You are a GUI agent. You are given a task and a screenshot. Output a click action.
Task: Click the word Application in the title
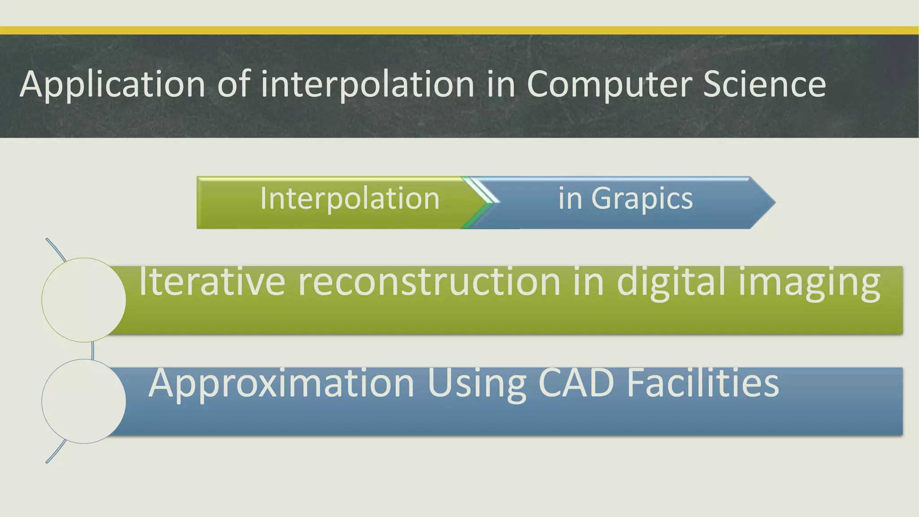[x=112, y=84]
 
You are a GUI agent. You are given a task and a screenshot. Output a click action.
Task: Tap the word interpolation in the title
[x=367, y=84]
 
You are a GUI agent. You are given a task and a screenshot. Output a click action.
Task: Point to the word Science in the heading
[x=764, y=84]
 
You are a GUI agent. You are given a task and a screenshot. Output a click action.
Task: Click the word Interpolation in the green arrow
[x=350, y=198]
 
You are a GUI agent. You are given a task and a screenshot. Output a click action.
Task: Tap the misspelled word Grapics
[x=642, y=198]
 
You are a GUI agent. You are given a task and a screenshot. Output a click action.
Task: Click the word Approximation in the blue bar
[x=281, y=384]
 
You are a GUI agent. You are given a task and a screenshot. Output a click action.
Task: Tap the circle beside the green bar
[x=84, y=300]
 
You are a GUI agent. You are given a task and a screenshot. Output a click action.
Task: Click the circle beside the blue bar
[x=84, y=401]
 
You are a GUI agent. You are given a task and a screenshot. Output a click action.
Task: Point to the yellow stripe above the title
[x=459, y=31]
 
